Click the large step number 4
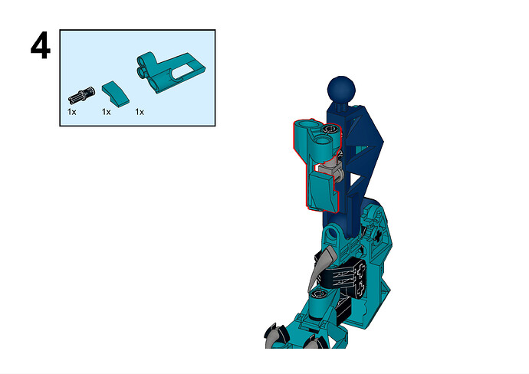click(41, 46)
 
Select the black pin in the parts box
click(81, 95)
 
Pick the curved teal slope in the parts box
click(115, 92)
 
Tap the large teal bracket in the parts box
click(171, 71)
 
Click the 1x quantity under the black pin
click(71, 112)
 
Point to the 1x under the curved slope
click(107, 112)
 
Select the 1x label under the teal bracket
click(140, 112)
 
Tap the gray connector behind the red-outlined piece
click(330, 169)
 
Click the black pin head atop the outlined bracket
click(330, 129)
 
